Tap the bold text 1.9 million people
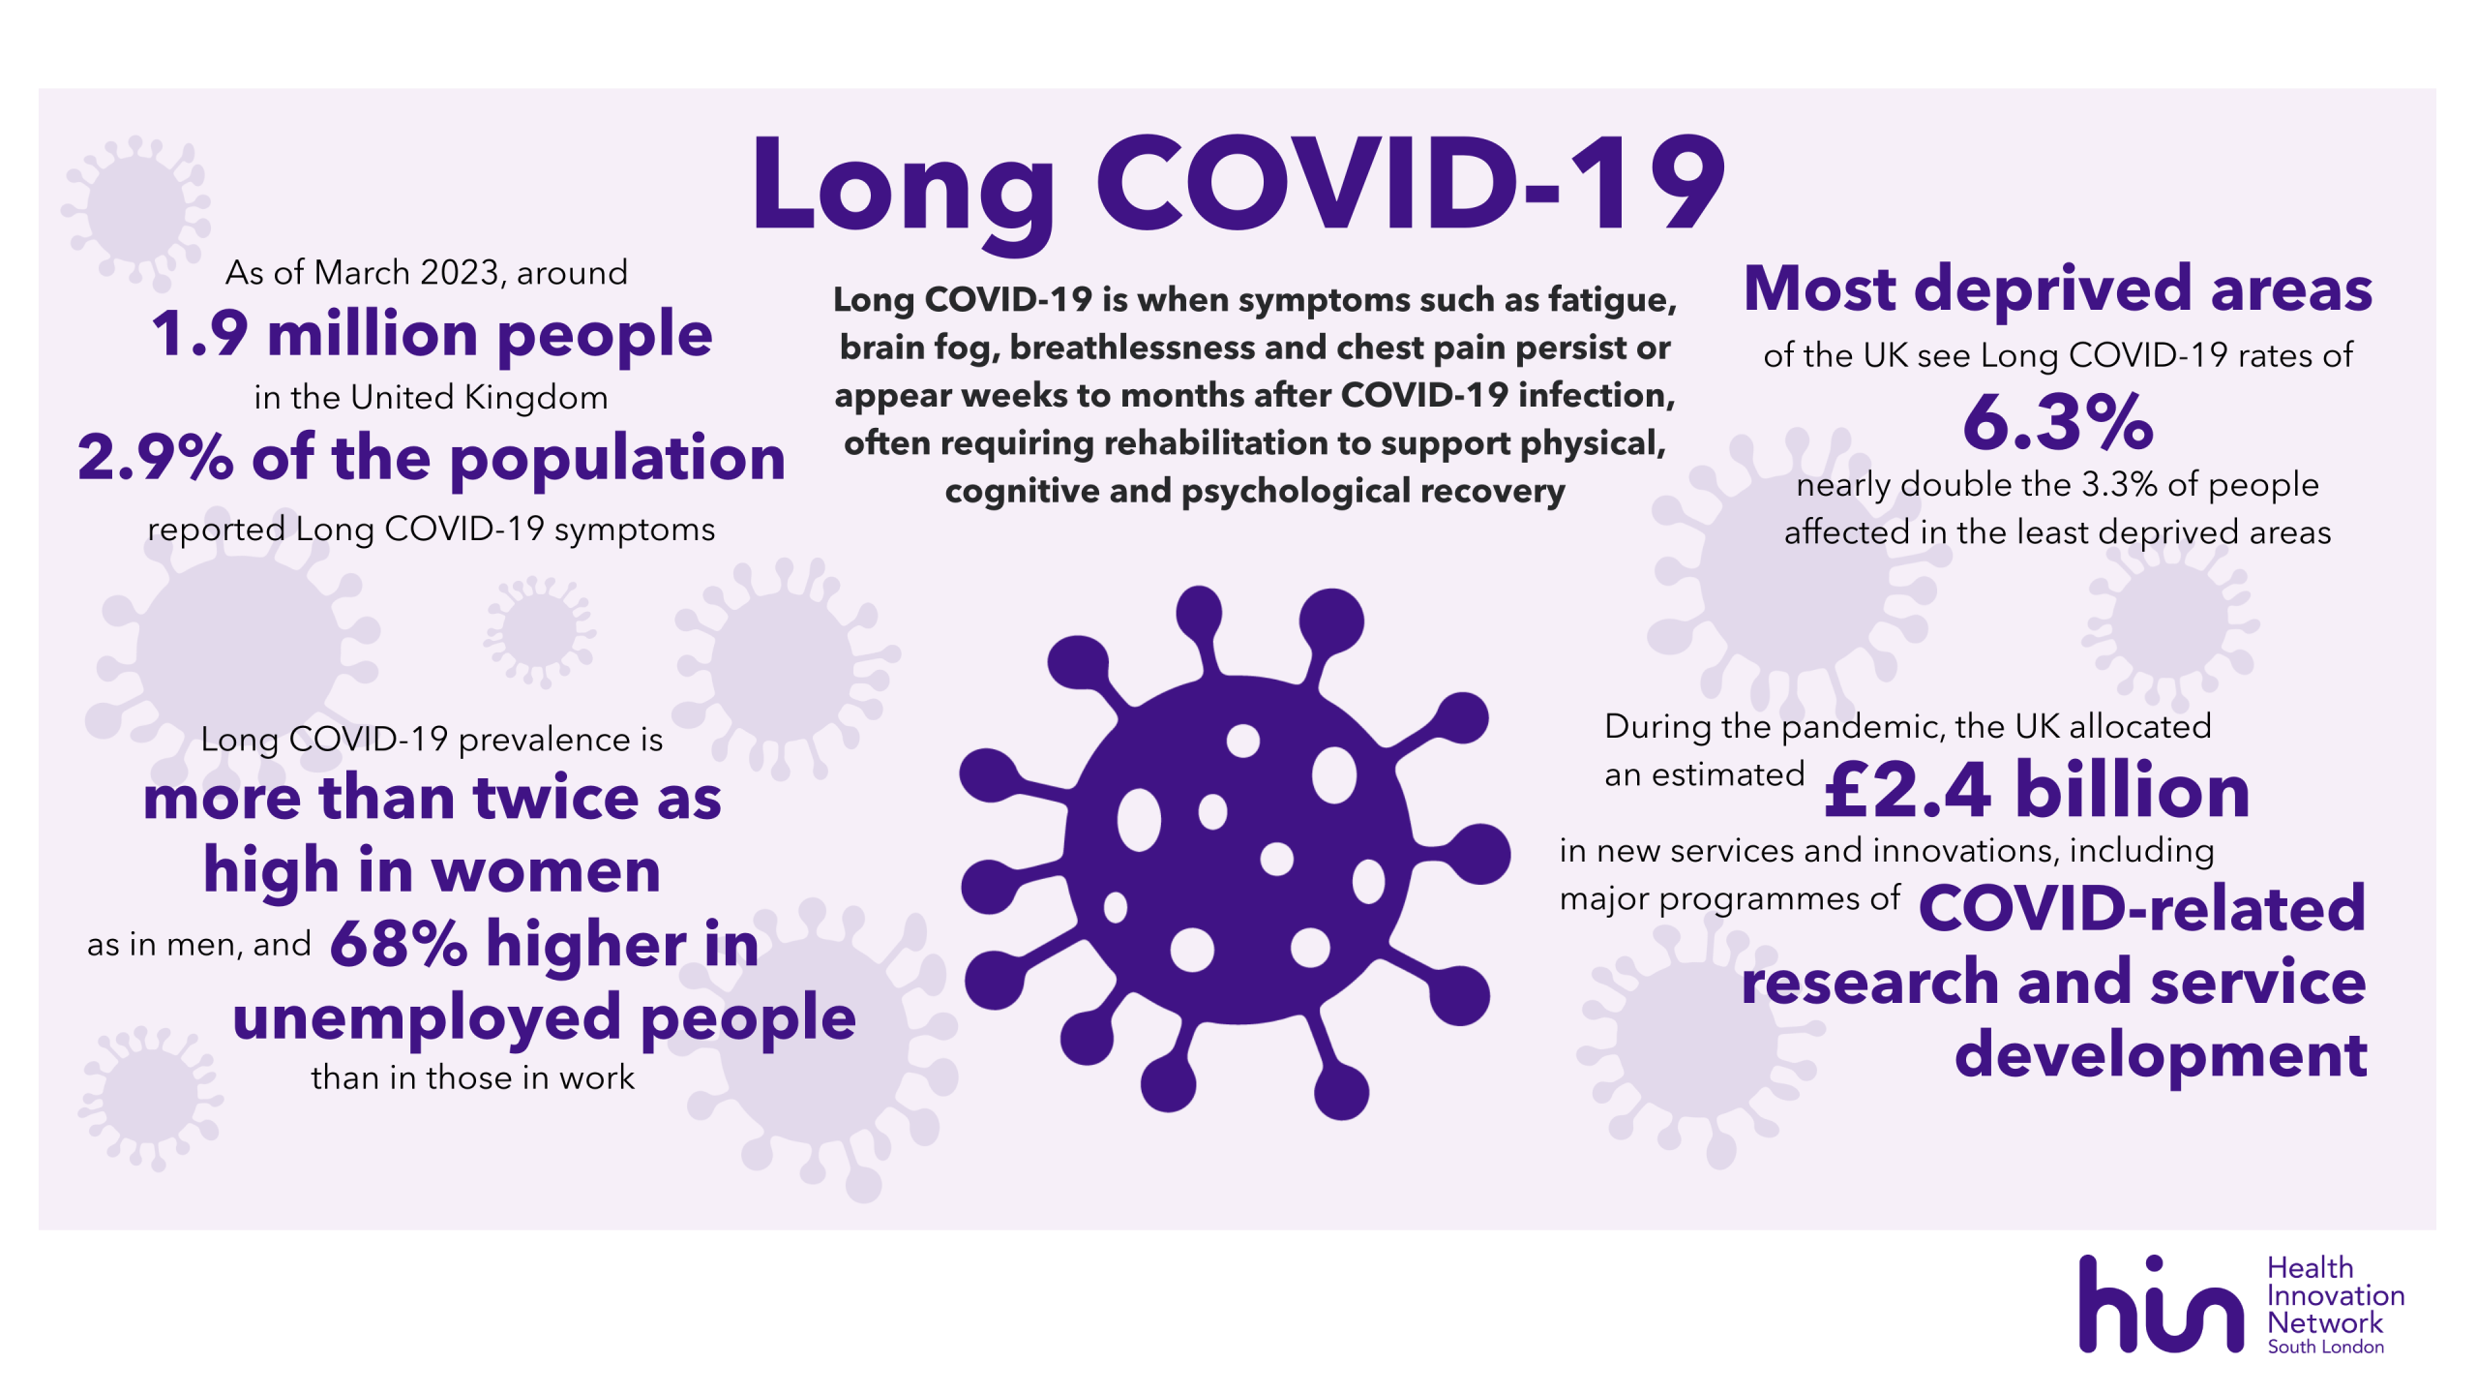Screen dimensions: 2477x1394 click(432, 335)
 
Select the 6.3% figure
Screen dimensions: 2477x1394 click(2058, 421)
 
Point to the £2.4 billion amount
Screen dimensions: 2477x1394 click(2037, 791)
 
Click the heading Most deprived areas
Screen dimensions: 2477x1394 click(2058, 289)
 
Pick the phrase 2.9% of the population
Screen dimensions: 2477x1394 click(432, 458)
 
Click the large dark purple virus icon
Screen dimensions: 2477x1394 click(1234, 852)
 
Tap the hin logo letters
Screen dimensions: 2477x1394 click(2161, 1304)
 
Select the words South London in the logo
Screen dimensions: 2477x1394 click(2326, 1347)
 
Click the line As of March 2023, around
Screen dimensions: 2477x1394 click(427, 273)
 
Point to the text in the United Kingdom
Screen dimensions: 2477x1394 click(432, 398)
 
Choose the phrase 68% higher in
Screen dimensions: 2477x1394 click(545, 944)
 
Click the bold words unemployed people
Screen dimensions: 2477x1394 click(545, 1018)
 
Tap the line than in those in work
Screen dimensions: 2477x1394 click(473, 1077)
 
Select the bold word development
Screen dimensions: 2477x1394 click(2161, 1055)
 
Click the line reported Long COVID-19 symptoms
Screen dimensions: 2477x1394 click(432, 530)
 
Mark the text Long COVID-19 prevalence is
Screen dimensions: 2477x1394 click(432, 740)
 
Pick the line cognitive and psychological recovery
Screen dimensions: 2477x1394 click(1255, 492)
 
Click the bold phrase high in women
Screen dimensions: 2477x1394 click(432, 870)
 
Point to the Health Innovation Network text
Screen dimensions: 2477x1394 click(2336, 1295)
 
